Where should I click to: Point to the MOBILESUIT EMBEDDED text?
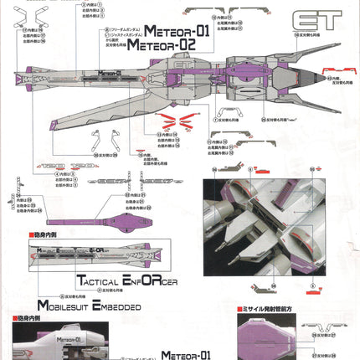pyautogui.click(x=87, y=305)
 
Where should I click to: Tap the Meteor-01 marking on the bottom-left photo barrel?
pyautogui.click(x=54, y=341)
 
